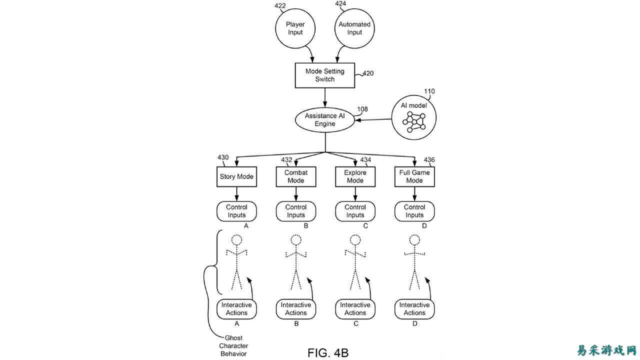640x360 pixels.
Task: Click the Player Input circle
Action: [295, 28]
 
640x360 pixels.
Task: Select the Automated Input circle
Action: [354, 28]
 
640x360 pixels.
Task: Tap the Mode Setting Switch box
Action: [324, 75]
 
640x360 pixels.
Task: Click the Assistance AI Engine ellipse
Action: [324, 119]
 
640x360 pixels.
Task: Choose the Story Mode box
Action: [236, 176]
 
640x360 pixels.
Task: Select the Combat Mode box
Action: [295, 176]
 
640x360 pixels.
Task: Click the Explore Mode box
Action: [355, 176]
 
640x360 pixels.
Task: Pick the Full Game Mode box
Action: [414, 176]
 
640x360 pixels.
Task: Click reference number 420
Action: [367, 73]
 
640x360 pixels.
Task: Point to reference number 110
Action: [429, 91]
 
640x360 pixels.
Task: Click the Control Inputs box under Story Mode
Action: [236, 211]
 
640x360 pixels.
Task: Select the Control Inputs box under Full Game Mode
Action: [414, 211]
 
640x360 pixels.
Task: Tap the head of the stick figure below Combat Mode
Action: [295, 240]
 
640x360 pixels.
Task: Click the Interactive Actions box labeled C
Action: [355, 309]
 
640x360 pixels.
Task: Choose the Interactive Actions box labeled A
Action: [236, 309]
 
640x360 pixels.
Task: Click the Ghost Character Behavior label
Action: [233, 345]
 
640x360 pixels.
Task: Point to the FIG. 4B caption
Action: [328, 352]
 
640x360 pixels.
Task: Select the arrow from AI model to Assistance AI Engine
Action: [375, 119]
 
